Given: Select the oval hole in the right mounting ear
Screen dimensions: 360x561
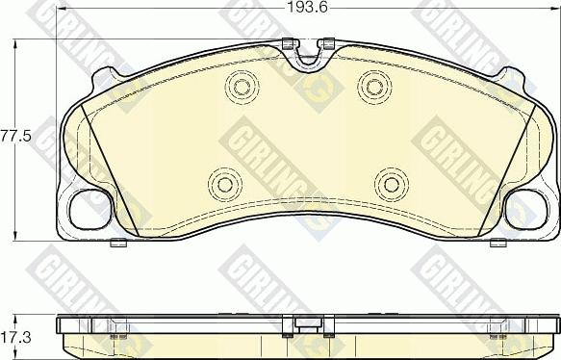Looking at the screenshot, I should click(520, 206).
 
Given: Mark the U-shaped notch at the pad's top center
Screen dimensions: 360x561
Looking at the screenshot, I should click(307, 59).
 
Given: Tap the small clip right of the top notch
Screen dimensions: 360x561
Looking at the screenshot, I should click(327, 42).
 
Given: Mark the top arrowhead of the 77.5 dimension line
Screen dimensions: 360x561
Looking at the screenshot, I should click(17, 43).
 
